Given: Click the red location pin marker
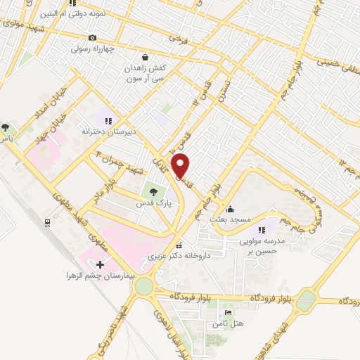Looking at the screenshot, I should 181,166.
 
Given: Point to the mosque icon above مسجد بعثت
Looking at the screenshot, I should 231,208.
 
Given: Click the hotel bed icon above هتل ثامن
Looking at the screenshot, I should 227,312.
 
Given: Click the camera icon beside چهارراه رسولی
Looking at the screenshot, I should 92,37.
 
